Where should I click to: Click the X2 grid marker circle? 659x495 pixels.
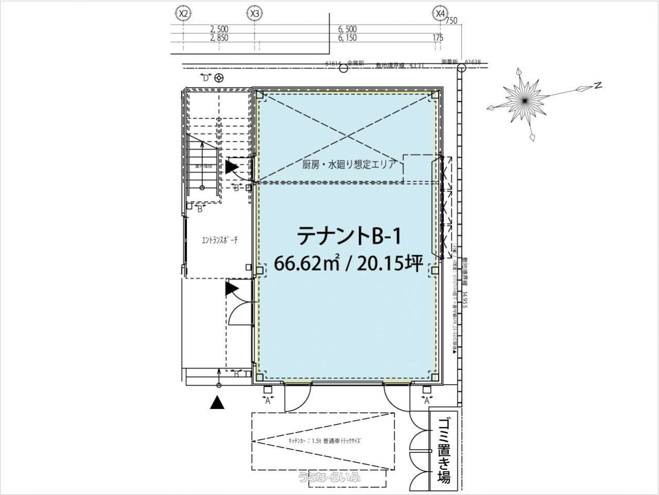[182, 13]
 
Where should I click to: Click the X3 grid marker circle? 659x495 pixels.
[254, 13]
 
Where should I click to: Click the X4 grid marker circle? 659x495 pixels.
[440, 13]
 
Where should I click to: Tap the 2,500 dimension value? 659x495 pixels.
[219, 29]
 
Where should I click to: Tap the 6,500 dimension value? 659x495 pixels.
[347, 29]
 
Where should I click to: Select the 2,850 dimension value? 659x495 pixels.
[219, 38]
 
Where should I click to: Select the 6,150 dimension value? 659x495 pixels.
[347, 38]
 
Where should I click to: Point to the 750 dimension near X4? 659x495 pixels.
[451, 21]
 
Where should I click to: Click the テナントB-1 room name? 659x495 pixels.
[348, 236]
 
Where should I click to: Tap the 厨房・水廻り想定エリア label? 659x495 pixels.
[349, 165]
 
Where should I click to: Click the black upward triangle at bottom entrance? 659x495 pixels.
[218, 403]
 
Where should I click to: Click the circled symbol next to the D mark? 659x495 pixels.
[219, 78]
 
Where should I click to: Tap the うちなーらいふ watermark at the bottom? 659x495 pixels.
[329, 477]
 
